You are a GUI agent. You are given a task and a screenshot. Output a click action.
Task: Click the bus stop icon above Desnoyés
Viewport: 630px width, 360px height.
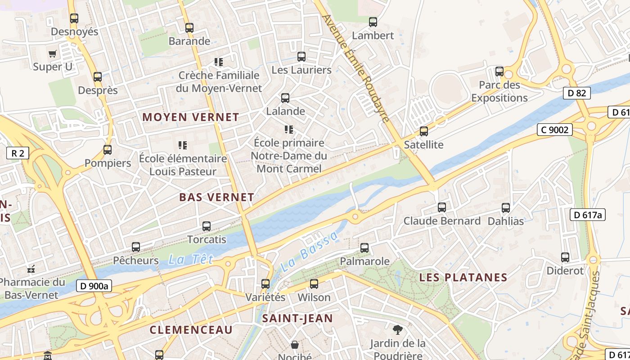coord(74,18)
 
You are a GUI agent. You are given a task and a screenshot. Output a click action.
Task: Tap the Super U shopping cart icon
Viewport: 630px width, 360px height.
coord(53,54)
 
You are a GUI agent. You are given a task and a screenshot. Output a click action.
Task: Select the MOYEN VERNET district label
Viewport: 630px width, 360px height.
coord(191,117)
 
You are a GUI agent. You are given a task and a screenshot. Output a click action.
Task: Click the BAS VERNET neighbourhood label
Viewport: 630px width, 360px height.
coord(216,197)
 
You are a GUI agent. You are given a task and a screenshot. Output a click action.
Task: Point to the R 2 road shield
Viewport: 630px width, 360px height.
coord(18,153)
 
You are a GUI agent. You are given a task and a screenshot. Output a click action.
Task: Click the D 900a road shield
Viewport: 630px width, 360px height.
coord(94,286)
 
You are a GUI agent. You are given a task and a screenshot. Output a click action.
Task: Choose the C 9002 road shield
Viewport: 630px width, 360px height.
coord(555,130)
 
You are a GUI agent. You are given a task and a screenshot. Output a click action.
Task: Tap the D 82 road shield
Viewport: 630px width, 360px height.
coord(576,93)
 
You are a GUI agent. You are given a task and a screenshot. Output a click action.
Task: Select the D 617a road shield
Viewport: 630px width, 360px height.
coord(588,215)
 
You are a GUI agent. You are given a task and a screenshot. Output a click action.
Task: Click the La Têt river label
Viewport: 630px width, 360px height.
coord(190,259)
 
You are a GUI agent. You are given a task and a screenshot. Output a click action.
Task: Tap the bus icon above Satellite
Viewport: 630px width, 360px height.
coord(423,131)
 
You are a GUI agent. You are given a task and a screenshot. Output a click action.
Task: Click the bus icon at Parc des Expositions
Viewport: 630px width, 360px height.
coord(499,72)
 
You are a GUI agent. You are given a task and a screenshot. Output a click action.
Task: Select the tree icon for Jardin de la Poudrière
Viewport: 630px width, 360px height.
coord(397,330)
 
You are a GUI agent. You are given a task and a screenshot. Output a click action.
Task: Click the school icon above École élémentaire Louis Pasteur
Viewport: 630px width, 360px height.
coord(182,145)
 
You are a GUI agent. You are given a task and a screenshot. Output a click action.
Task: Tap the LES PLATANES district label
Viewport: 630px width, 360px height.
coord(463,278)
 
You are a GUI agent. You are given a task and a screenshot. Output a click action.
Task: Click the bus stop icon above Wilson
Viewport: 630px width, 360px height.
coord(314,284)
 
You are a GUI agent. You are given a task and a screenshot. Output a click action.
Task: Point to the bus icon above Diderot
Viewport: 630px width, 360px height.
coord(565,257)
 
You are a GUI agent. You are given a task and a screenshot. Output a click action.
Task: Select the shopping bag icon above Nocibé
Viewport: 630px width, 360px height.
coord(294,345)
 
